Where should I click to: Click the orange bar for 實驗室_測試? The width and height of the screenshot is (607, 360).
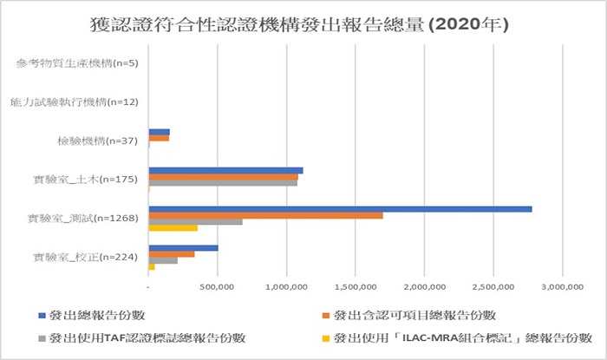[265, 215]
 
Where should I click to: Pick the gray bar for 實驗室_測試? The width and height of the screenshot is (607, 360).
[195, 222]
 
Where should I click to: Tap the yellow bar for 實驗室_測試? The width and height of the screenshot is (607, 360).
[173, 228]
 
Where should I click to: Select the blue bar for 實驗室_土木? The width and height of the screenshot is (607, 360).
[225, 170]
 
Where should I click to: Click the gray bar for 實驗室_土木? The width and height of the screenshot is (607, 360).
[223, 183]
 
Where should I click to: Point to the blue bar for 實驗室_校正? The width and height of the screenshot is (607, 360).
[183, 248]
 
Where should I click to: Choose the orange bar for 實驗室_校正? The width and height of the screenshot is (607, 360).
[172, 254]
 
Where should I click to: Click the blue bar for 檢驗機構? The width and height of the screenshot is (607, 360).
[159, 132]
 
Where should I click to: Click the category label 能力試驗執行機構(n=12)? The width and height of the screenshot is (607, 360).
[76, 102]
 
